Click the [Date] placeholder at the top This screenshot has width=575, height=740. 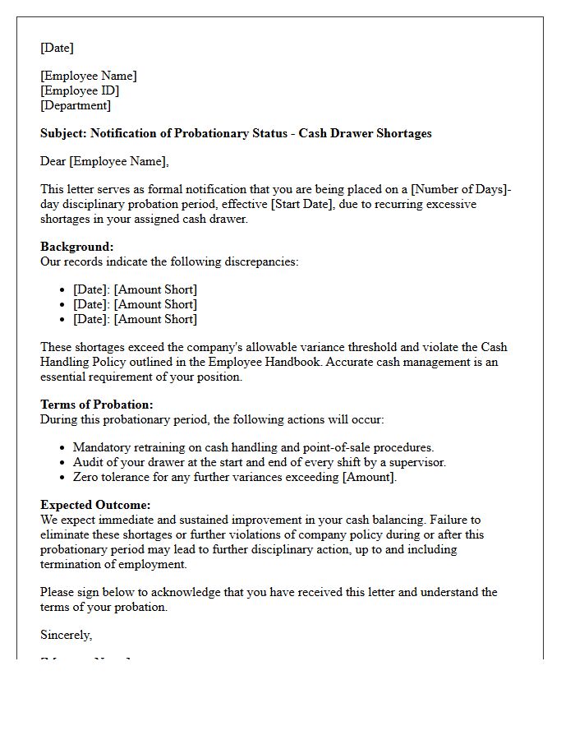tap(57, 48)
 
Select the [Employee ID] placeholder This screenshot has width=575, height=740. tap(80, 90)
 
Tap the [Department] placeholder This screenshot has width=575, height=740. tap(76, 105)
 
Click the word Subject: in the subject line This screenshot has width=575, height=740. tap(63, 133)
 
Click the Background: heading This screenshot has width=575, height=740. tap(77, 247)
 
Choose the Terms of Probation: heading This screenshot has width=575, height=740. tap(97, 405)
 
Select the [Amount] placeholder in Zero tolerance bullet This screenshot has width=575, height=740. tap(370, 477)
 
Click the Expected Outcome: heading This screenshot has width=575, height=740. tap(95, 505)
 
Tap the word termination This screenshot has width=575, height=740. tap(72, 564)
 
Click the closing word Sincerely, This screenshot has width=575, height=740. tap(67, 635)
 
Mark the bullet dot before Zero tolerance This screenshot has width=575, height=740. tap(63, 477)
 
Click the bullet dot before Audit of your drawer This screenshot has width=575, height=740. tap(63, 462)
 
